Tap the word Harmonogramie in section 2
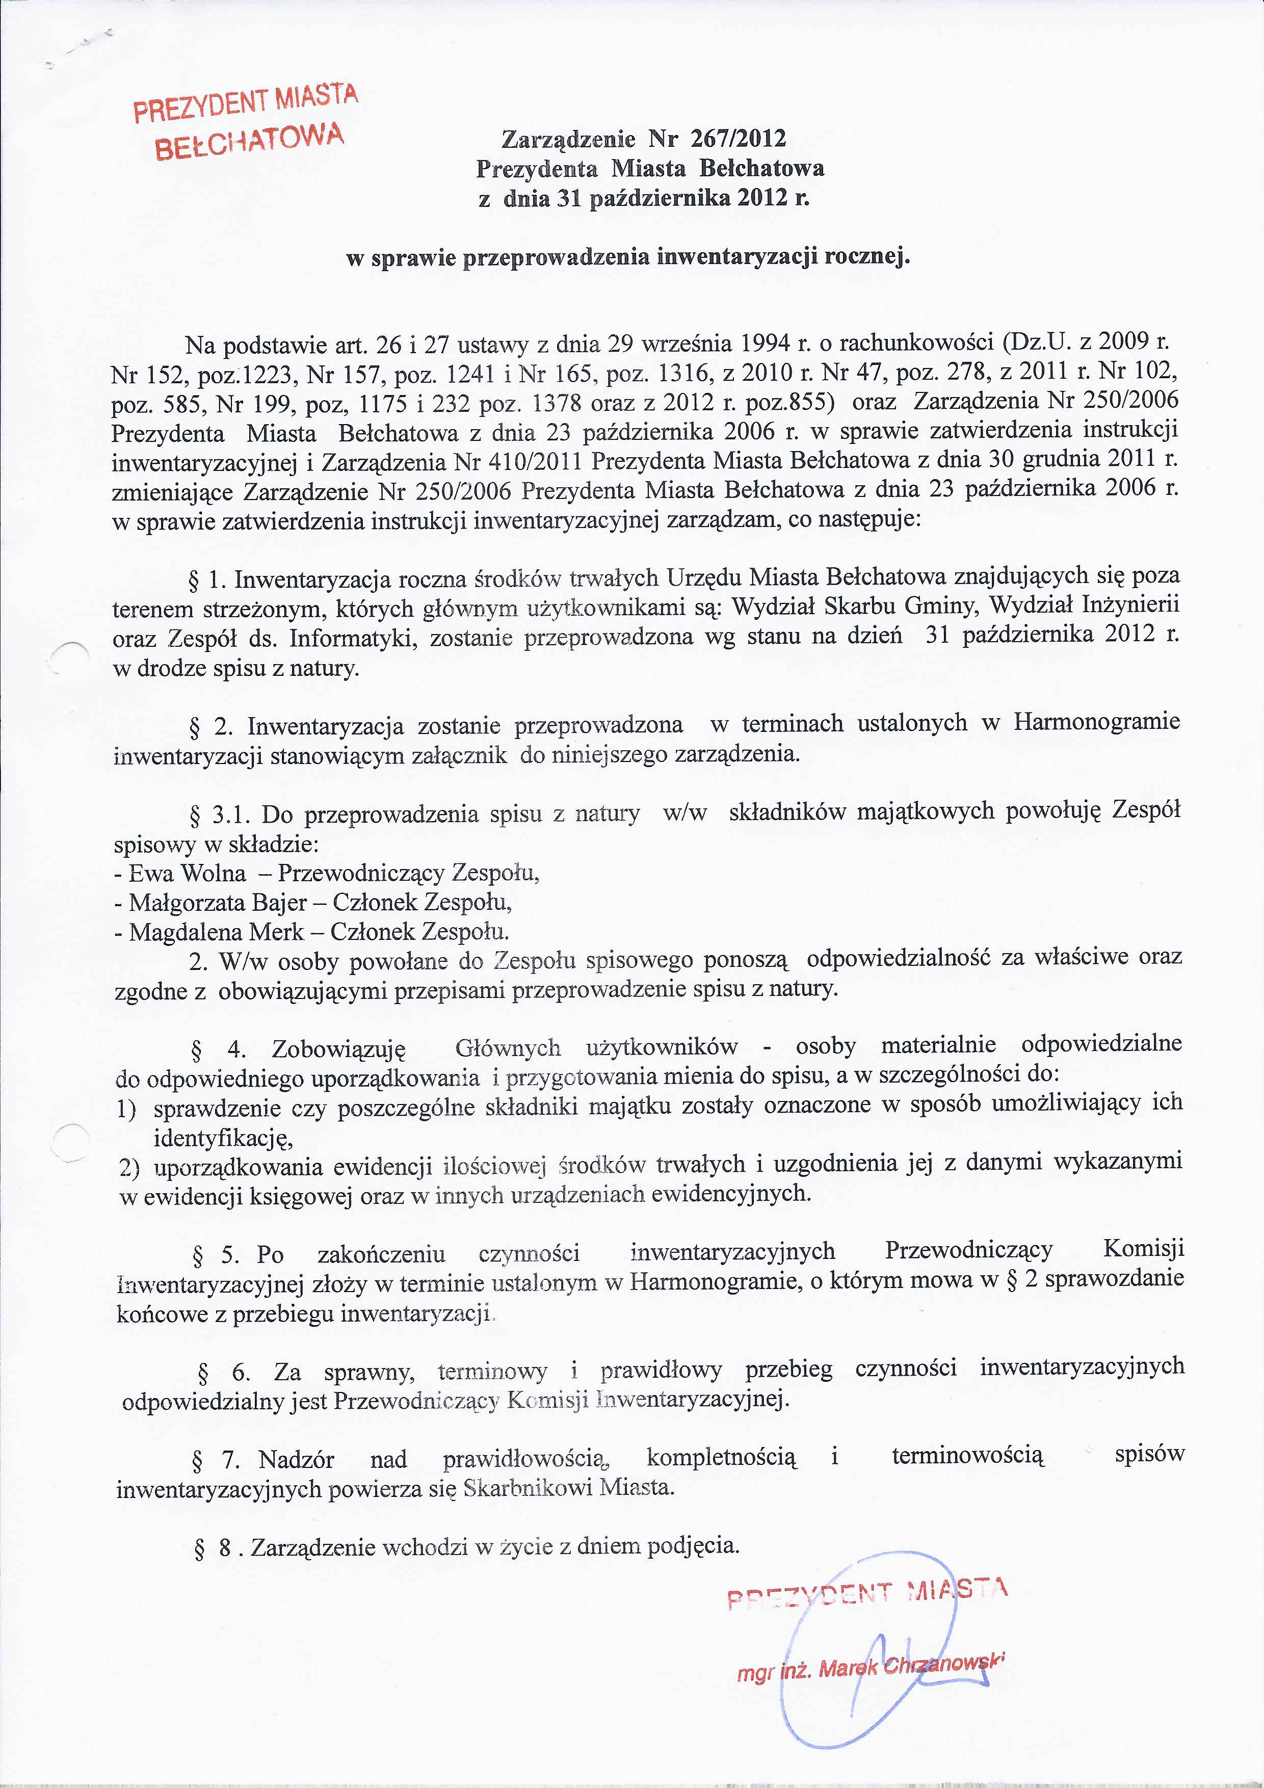coord(1096,723)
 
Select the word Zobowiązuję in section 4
coord(339,1050)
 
